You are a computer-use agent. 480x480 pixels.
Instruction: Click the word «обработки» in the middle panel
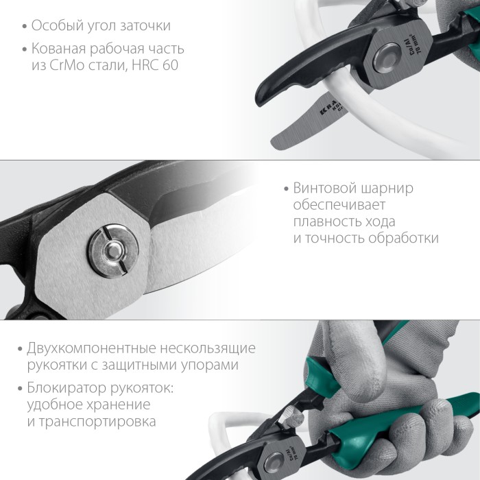pyautogui.click(x=405, y=239)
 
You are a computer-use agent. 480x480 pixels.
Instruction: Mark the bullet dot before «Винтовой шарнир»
pyautogui.click(x=286, y=189)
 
